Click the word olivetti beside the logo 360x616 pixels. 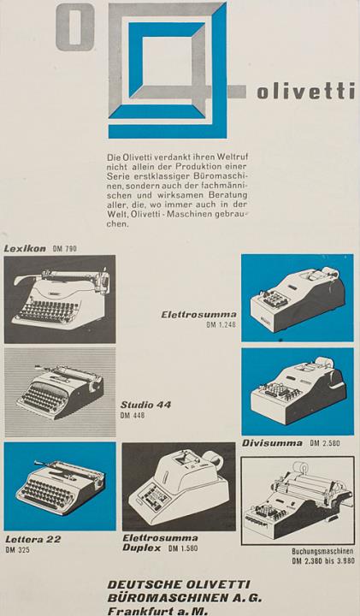[x=306, y=92]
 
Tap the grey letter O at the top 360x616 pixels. [x=75, y=31]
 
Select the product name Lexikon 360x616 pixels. [x=25, y=248]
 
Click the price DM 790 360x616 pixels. [x=64, y=249]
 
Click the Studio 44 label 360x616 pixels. [x=145, y=405]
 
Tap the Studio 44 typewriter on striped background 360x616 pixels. [x=60, y=392]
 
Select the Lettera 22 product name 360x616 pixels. [x=33, y=539]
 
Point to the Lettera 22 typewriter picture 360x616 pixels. [x=60, y=486]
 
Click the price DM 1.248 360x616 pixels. [x=221, y=325]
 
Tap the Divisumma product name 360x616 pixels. [x=272, y=443]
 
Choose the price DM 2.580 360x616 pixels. [x=325, y=443]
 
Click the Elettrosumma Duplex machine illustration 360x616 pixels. [x=179, y=487]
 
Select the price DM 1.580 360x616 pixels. [x=183, y=548]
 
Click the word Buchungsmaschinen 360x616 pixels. [x=322, y=552]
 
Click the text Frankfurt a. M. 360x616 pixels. [x=157, y=611]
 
